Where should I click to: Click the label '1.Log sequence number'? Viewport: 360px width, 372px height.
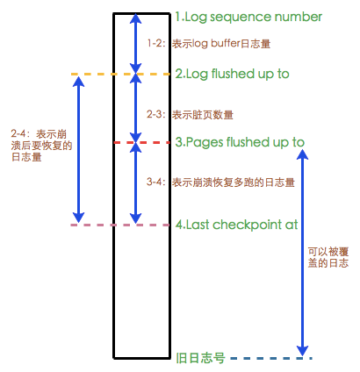pyautogui.click(x=248, y=18)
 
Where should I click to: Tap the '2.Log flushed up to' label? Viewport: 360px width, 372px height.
pyautogui.click(x=232, y=75)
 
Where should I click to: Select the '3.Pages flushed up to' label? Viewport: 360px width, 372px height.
pyautogui.click(x=240, y=143)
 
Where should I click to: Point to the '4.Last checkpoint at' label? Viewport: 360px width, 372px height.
pyautogui.click(x=236, y=225)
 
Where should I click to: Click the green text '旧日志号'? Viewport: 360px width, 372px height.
pyautogui.click(x=200, y=358)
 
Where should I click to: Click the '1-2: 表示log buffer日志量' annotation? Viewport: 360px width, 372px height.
pyautogui.click(x=209, y=44)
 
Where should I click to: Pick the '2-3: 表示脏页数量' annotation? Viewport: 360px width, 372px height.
pyautogui.click(x=190, y=114)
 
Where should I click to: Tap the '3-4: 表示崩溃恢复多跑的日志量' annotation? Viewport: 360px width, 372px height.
pyautogui.click(x=220, y=182)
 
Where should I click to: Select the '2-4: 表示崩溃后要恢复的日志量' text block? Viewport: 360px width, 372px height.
pyautogui.click(x=41, y=146)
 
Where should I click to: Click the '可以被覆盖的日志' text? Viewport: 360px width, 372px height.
pyautogui.click(x=328, y=257)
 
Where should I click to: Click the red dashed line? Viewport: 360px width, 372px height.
pyautogui.click(x=141, y=143)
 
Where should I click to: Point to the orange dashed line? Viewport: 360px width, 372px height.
pyautogui.click(x=120, y=75)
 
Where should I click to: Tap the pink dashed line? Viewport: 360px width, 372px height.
pyautogui.click(x=120, y=225)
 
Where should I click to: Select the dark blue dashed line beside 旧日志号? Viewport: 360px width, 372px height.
pyautogui.click(x=271, y=358)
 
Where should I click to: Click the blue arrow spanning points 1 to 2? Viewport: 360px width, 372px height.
pyautogui.click(x=135, y=43)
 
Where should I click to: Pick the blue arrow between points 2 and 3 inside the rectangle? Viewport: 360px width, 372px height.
pyautogui.click(x=135, y=108)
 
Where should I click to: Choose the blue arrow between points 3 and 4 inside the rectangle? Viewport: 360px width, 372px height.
pyautogui.click(x=135, y=183)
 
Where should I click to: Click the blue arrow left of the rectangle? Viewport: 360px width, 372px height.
pyautogui.click(x=78, y=149)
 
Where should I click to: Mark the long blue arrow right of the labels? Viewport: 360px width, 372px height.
pyautogui.click(x=302, y=253)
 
